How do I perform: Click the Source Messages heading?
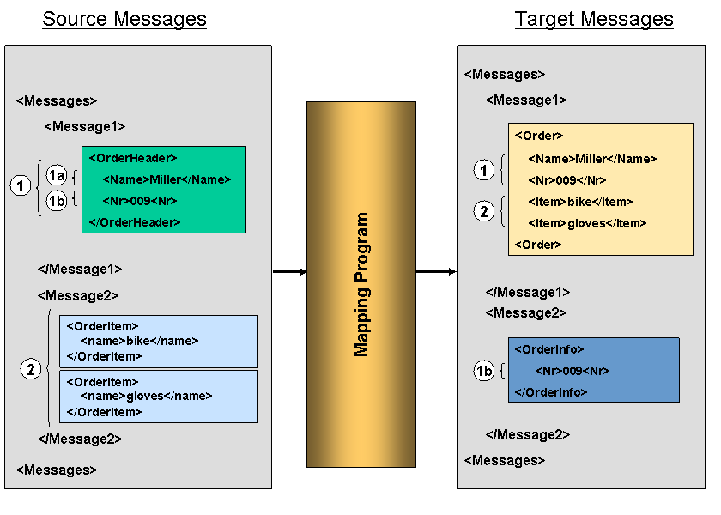click(124, 19)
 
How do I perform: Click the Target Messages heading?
click(594, 19)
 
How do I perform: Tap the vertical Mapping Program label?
click(361, 284)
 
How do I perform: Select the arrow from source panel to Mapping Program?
click(289, 272)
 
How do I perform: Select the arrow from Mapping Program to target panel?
click(436, 272)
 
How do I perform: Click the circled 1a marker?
click(57, 177)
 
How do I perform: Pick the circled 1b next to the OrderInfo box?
click(484, 371)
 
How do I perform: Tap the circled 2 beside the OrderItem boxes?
click(31, 370)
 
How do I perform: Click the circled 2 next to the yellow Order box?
click(484, 211)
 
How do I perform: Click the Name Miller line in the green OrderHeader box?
click(167, 179)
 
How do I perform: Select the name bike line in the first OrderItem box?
click(139, 341)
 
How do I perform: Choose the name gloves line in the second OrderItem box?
click(146, 396)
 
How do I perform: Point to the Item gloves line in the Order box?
click(587, 223)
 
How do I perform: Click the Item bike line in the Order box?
click(580, 202)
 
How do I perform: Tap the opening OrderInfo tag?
click(549, 349)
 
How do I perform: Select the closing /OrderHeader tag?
click(135, 222)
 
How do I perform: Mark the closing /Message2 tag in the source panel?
click(80, 439)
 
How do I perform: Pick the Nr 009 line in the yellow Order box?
click(567, 180)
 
